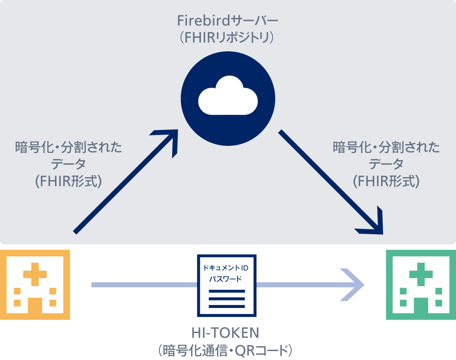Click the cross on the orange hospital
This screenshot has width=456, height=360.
point(35,274)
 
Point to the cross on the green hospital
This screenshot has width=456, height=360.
point(421,274)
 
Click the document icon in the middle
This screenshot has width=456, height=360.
point(227,285)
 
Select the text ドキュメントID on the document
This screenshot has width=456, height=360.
point(226,268)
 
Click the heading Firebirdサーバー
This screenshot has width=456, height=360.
point(228,21)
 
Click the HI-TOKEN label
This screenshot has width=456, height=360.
point(225,333)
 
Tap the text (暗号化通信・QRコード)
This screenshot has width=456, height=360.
point(225,351)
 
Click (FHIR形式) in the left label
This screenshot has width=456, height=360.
point(68,181)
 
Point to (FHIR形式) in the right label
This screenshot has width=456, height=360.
point(386,181)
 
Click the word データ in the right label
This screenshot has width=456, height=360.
point(386,164)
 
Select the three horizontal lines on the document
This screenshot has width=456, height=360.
point(227,299)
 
